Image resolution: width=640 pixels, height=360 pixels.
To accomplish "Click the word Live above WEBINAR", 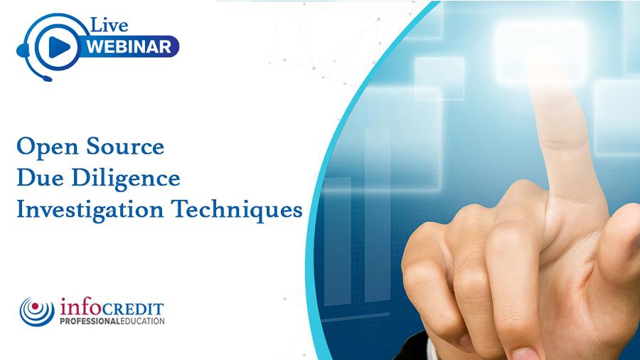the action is click(x=109, y=25).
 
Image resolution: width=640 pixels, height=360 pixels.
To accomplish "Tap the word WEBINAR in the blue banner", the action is click(x=129, y=46).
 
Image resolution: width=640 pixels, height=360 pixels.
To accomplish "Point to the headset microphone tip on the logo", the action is click(x=48, y=78).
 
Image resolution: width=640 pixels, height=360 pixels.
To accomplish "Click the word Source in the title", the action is click(x=125, y=146).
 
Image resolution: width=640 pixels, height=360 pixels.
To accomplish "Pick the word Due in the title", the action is click(x=40, y=178).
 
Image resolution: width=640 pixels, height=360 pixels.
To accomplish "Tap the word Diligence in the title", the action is click(x=126, y=179).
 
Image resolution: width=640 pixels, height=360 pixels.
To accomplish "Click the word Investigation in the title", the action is click(x=90, y=210).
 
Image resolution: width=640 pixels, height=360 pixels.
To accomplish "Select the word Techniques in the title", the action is click(x=237, y=210).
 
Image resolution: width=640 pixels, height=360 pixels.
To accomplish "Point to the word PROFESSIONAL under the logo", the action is click(x=90, y=321).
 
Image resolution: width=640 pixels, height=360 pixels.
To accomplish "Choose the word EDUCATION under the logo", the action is click(x=142, y=321).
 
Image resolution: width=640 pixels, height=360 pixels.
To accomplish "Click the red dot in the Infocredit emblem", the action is click(x=35, y=306).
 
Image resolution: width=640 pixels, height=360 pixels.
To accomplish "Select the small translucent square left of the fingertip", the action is click(x=439, y=79).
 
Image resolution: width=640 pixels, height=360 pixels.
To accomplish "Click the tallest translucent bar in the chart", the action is click(x=378, y=215).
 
